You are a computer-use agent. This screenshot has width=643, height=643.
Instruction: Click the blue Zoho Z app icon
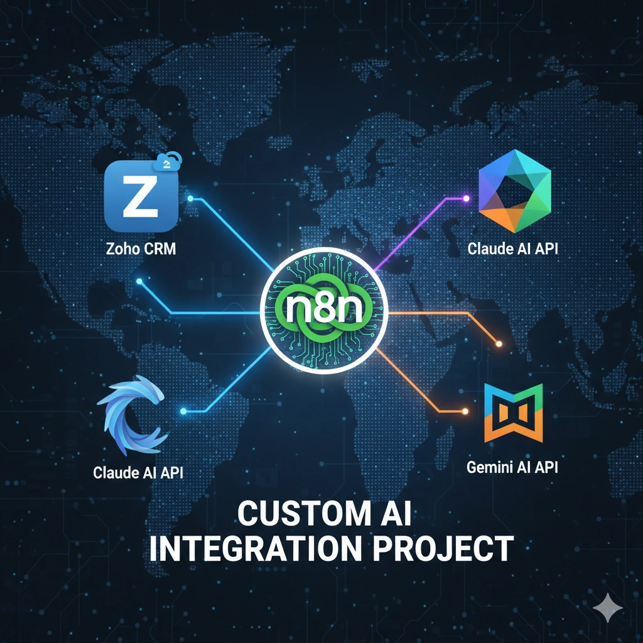point(141,196)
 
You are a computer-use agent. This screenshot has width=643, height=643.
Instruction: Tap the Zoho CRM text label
point(141,249)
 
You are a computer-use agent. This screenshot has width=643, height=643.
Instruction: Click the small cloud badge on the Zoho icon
point(168,161)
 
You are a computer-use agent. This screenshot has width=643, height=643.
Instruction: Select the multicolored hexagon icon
point(515,191)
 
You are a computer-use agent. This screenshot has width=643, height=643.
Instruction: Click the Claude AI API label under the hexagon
point(512,249)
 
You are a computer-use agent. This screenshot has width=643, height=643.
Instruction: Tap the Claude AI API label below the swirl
point(138,472)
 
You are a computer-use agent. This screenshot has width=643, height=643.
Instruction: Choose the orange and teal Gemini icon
point(514,413)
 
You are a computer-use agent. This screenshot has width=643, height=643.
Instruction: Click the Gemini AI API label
point(512,467)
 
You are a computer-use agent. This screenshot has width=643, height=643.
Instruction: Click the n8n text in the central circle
point(323,308)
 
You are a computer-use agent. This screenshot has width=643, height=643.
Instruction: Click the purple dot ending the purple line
point(466,198)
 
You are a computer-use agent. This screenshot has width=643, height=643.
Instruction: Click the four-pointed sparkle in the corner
point(608,608)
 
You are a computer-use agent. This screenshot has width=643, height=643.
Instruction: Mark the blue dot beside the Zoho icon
point(190,198)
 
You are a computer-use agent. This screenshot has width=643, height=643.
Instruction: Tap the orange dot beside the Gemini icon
point(465,411)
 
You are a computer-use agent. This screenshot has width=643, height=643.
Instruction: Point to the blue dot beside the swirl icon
point(183,411)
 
